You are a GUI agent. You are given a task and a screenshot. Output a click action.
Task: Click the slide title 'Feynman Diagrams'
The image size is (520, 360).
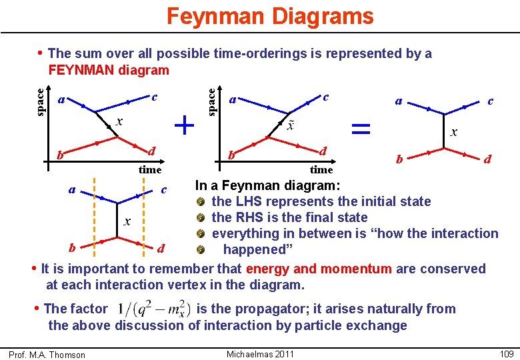(x=270, y=16)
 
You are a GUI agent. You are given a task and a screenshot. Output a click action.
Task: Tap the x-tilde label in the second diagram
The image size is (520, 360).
(x=290, y=125)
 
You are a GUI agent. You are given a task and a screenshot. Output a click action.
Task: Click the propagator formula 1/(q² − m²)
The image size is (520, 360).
(x=153, y=310)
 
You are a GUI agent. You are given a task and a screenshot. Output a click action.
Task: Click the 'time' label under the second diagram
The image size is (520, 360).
(x=321, y=170)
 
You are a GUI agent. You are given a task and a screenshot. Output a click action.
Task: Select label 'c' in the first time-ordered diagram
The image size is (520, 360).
(x=154, y=97)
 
